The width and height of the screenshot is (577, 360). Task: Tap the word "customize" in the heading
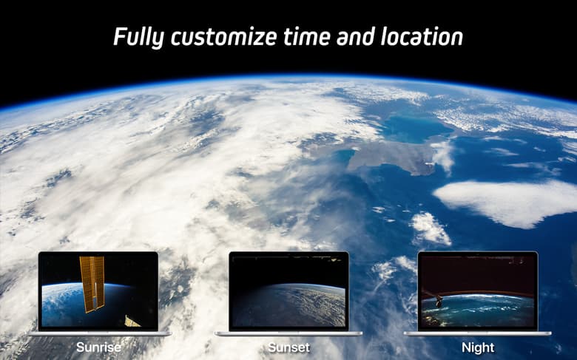(x=224, y=37)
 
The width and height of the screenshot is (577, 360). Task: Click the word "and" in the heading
(x=355, y=36)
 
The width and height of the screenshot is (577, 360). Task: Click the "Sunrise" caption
(x=98, y=347)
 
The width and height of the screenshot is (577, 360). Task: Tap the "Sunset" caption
(x=288, y=347)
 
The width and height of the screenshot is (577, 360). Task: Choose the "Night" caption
(x=478, y=347)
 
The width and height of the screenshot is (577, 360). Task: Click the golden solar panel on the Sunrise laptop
(x=92, y=284)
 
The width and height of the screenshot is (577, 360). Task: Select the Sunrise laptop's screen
(x=98, y=291)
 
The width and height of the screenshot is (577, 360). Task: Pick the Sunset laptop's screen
(x=288, y=291)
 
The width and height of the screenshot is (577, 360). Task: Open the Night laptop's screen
(x=478, y=291)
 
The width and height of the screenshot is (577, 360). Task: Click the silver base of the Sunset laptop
(x=288, y=334)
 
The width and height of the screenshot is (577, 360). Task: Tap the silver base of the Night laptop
(x=478, y=334)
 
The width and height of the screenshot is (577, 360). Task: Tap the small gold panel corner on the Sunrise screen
(x=132, y=322)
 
